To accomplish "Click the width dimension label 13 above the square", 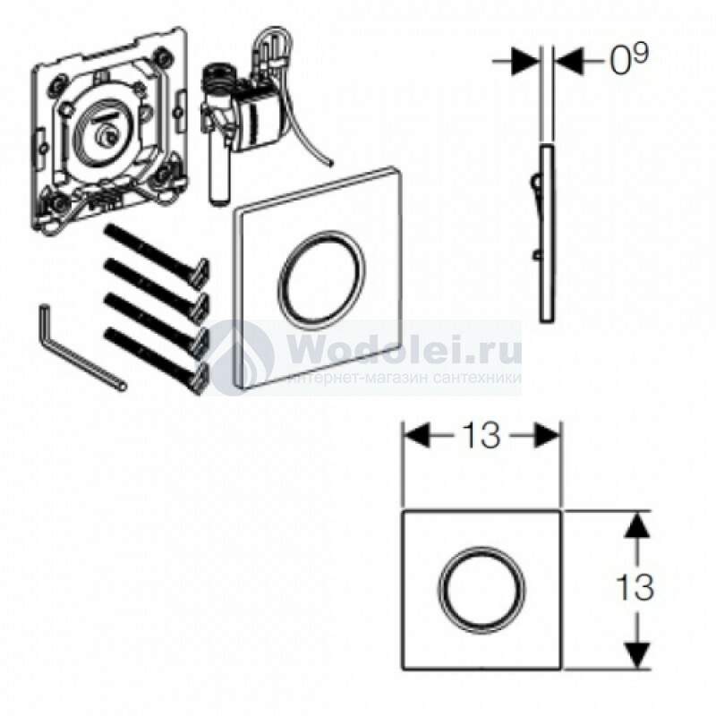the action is click(482, 435).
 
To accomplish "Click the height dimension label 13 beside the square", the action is click(635, 587).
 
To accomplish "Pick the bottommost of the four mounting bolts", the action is click(155, 360).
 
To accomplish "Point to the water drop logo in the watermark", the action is click(243, 357).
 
